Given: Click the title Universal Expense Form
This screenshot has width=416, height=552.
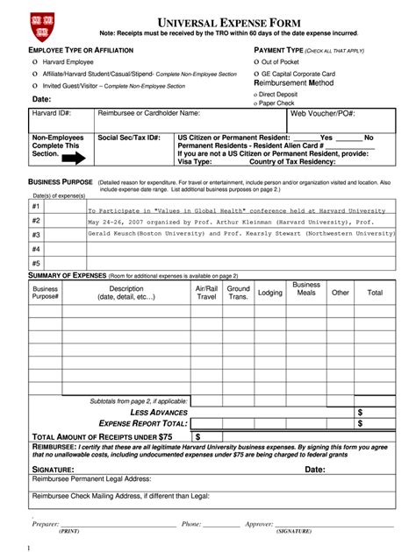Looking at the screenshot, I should coord(205,21).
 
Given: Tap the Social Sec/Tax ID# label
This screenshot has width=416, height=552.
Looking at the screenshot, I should coord(128,138).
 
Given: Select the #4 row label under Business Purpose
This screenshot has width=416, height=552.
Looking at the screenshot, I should coord(36,249).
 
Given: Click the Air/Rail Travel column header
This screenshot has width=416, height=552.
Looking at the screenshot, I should coord(205,292).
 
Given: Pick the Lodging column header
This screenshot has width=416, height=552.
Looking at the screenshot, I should coord(269,293).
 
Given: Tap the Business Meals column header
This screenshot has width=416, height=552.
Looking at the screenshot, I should coord(306,288).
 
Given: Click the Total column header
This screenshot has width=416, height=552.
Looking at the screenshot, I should coord(375,293).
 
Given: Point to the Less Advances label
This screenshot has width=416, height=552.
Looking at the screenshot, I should coord(159,412).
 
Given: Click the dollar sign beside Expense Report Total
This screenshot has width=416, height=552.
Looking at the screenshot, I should coord(360,423).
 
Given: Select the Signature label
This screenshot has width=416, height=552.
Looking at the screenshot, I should coord(59,469).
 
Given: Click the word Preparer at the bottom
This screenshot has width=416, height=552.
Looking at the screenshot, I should coord(46,524).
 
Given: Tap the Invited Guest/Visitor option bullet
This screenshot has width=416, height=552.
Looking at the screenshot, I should coord(34,86).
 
